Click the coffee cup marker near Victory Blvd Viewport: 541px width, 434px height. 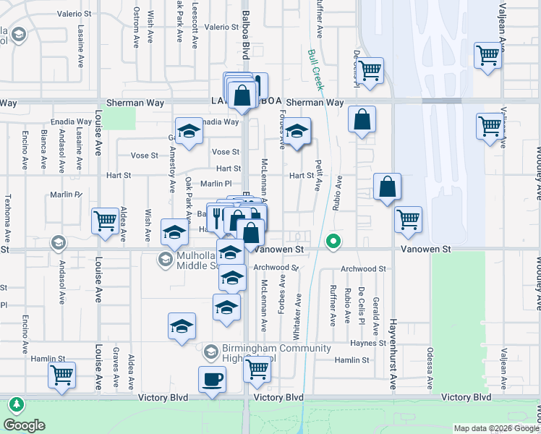pos(212,379)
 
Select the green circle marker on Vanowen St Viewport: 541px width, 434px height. pos(333,242)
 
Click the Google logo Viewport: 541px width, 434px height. pos(24,425)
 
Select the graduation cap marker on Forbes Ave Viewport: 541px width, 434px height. pos(296,132)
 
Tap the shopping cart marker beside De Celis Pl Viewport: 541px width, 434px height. pos(370,71)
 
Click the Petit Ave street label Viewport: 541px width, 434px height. pos(318,176)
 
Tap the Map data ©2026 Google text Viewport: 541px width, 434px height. pos(495,428)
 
